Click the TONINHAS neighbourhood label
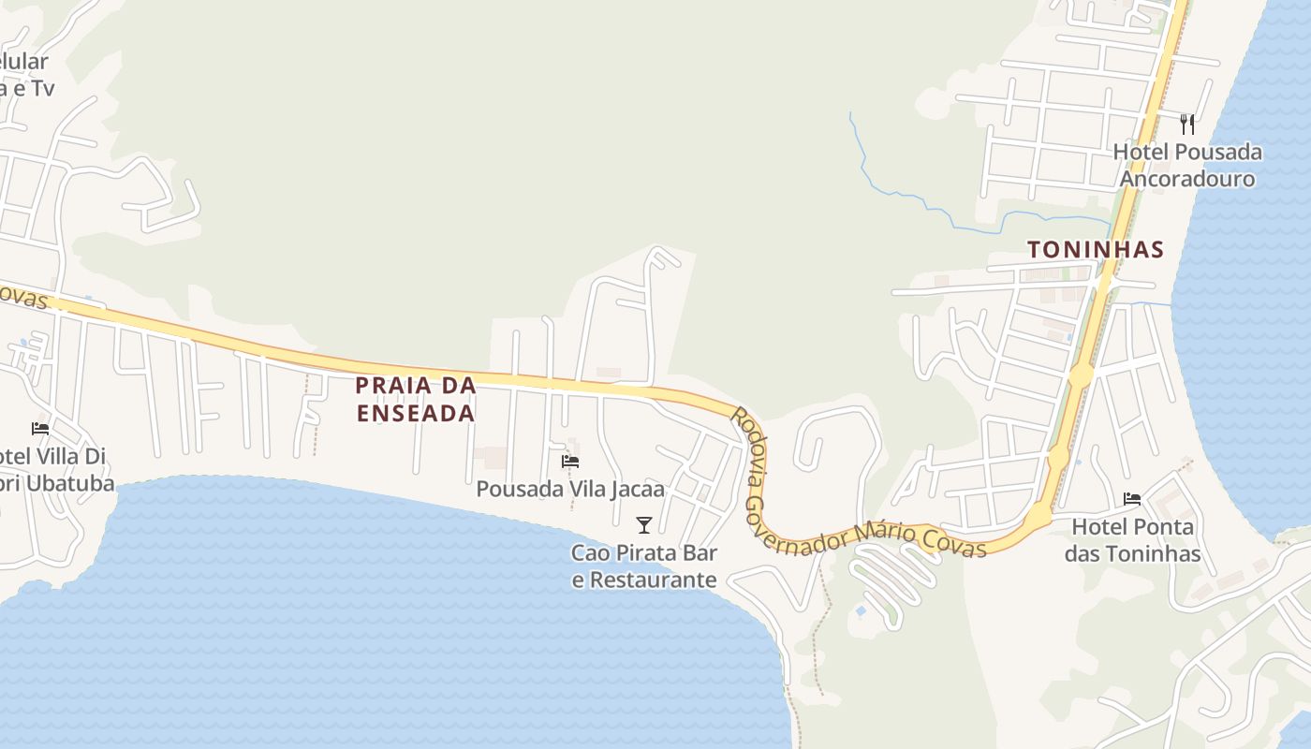1095,250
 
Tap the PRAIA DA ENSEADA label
415,399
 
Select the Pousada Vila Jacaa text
569,489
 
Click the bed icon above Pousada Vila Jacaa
569,461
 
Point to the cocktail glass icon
643,524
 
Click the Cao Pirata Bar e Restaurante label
643,566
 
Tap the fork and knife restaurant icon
1187,124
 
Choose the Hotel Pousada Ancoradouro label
1187,165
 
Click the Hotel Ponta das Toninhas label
1132,540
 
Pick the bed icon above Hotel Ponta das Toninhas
1132,499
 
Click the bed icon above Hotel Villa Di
40,428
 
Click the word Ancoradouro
1187,179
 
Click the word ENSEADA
415,413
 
